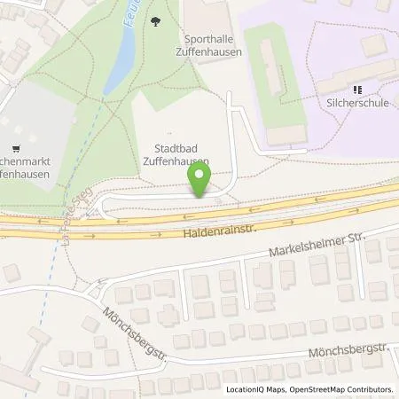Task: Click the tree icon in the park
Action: click(157, 21)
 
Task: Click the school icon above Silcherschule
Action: click(358, 90)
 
